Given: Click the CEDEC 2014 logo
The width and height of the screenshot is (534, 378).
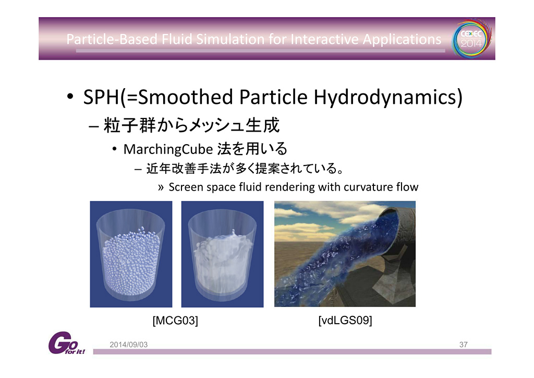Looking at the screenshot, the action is point(471,38).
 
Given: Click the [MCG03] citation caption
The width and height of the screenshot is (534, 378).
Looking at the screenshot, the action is point(175,321).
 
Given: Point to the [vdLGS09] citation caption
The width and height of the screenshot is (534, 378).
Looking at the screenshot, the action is point(345,321).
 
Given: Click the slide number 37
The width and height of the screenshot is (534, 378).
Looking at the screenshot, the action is point(463,345).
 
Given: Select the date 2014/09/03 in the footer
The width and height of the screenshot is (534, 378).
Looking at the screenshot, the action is point(129,345).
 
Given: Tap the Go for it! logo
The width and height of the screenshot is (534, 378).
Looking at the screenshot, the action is point(66,343).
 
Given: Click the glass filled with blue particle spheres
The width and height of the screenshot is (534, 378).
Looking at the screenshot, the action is point(131,254).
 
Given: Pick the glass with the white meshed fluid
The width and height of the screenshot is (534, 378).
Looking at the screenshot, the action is point(222,254).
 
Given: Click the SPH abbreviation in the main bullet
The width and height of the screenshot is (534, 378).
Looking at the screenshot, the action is point(101,97).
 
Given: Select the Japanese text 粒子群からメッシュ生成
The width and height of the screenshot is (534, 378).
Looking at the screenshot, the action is point(192,125).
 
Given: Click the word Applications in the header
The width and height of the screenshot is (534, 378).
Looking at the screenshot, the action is point(402,40).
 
